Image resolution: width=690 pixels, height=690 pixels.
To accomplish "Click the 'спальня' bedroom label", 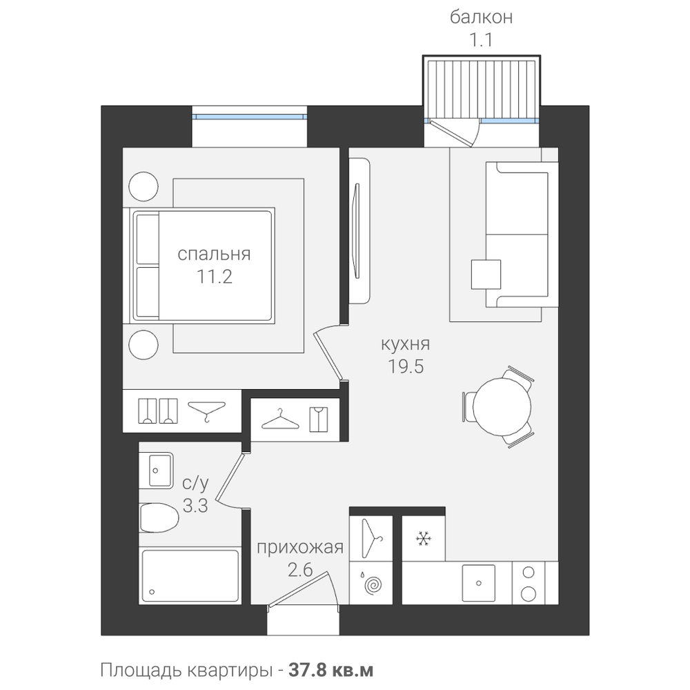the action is [x=214, y=255].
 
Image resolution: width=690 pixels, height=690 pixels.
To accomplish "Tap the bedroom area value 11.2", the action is [x=214, y=277].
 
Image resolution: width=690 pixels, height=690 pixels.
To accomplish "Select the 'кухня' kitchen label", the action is [x=405, y=344].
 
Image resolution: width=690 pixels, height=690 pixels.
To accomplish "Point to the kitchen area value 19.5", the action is [x=405, y=366].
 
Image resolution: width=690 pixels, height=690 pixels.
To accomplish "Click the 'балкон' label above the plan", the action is [x=481, y=17].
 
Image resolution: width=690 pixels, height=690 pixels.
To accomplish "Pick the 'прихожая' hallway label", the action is [x=300, y=547].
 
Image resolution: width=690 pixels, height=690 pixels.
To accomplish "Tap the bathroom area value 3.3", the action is [x=195, y=506].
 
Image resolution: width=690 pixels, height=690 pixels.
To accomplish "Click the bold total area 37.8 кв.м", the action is [x=331, y=670].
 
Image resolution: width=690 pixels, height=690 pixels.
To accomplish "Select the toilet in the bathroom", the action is [x=159, y=517].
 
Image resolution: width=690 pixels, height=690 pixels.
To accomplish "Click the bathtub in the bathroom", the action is [x=190, y=576].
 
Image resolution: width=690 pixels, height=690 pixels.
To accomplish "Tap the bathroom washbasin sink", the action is [x=156, y=471].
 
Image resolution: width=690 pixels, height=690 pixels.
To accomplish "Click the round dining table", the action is [x=502, y=406].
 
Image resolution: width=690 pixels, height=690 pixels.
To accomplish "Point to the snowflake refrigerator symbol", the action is [x=424, y=539].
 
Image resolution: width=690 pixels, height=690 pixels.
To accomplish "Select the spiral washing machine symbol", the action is [x=373, y=585].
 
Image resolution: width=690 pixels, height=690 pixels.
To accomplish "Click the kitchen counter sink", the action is [x=478, y=583].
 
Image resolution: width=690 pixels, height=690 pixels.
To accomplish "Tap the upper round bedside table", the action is [x=144, y=186].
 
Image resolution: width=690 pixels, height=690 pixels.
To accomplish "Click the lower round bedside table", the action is [x=144, y=345].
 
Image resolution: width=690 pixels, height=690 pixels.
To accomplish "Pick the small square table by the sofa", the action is [x=486, y=275].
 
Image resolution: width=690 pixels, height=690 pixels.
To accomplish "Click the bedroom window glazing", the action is [x=250, y=117].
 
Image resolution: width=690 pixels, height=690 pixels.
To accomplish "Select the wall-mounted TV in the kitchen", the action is [x=357, y=231].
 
